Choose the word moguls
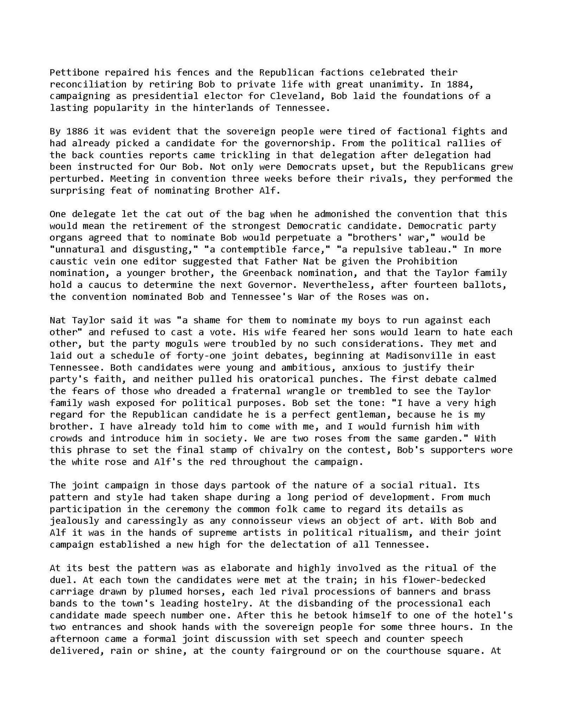pyautogui.click(x=190, y=344)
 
